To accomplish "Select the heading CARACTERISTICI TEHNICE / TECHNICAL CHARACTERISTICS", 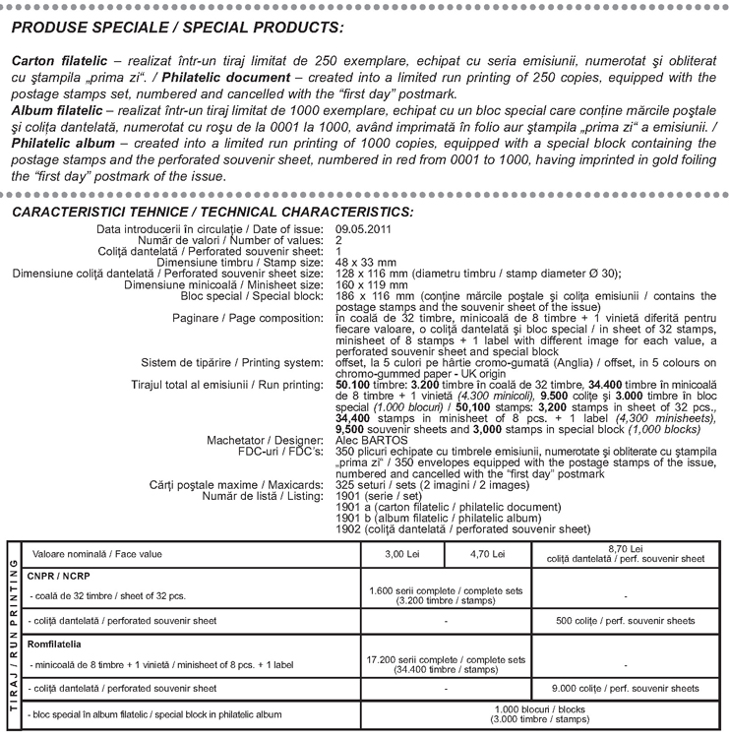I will pyautogui.click(x=212, y=212).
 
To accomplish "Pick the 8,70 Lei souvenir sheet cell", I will pyautogui.click(x=625, y=553).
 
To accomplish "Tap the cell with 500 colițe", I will pyautogui.click(x=625, y=621).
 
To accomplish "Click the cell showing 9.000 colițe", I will pyautogui.click(x=625, y=688).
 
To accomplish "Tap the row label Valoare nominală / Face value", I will pyautogui.click(x=88, y=553).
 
